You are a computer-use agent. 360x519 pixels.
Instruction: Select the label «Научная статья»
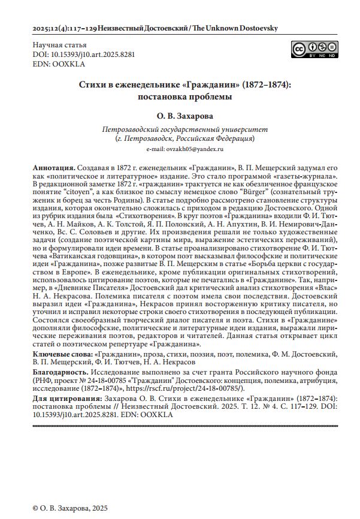pyautogui.click(x=59, y=45)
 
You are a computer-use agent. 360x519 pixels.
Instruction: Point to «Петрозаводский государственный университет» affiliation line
pyautogui.click(x=185, y=129)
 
